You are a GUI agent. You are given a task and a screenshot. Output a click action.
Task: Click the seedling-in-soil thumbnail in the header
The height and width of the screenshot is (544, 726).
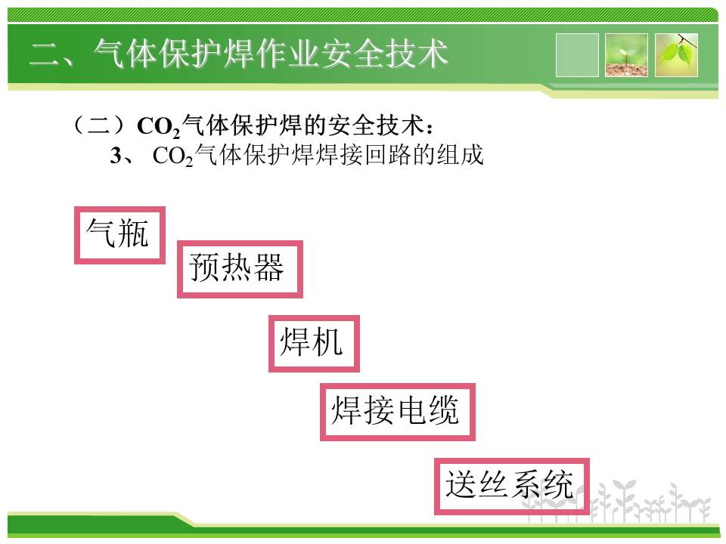(x=626, y=55)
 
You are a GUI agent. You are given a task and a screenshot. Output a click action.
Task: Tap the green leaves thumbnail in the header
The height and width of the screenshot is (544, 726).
(x=676, y=55)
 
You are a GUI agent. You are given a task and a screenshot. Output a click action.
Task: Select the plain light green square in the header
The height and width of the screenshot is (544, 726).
(x=577, y=55)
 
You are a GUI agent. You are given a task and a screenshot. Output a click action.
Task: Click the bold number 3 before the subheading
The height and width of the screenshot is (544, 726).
(x=116, y=156)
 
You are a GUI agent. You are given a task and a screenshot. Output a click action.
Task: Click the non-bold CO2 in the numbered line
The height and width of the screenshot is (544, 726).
(x=172, y=156)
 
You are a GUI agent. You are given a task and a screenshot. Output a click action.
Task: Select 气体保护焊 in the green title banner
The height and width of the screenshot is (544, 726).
(x=174, y=54)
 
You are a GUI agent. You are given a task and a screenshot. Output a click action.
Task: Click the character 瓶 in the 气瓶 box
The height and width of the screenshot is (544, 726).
(x=133, y=233)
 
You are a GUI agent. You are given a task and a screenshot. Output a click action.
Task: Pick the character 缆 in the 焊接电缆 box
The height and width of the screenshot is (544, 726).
(x=444, y=410)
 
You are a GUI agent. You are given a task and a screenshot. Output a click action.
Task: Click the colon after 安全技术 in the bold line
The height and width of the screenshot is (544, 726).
(x=430, y=128)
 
